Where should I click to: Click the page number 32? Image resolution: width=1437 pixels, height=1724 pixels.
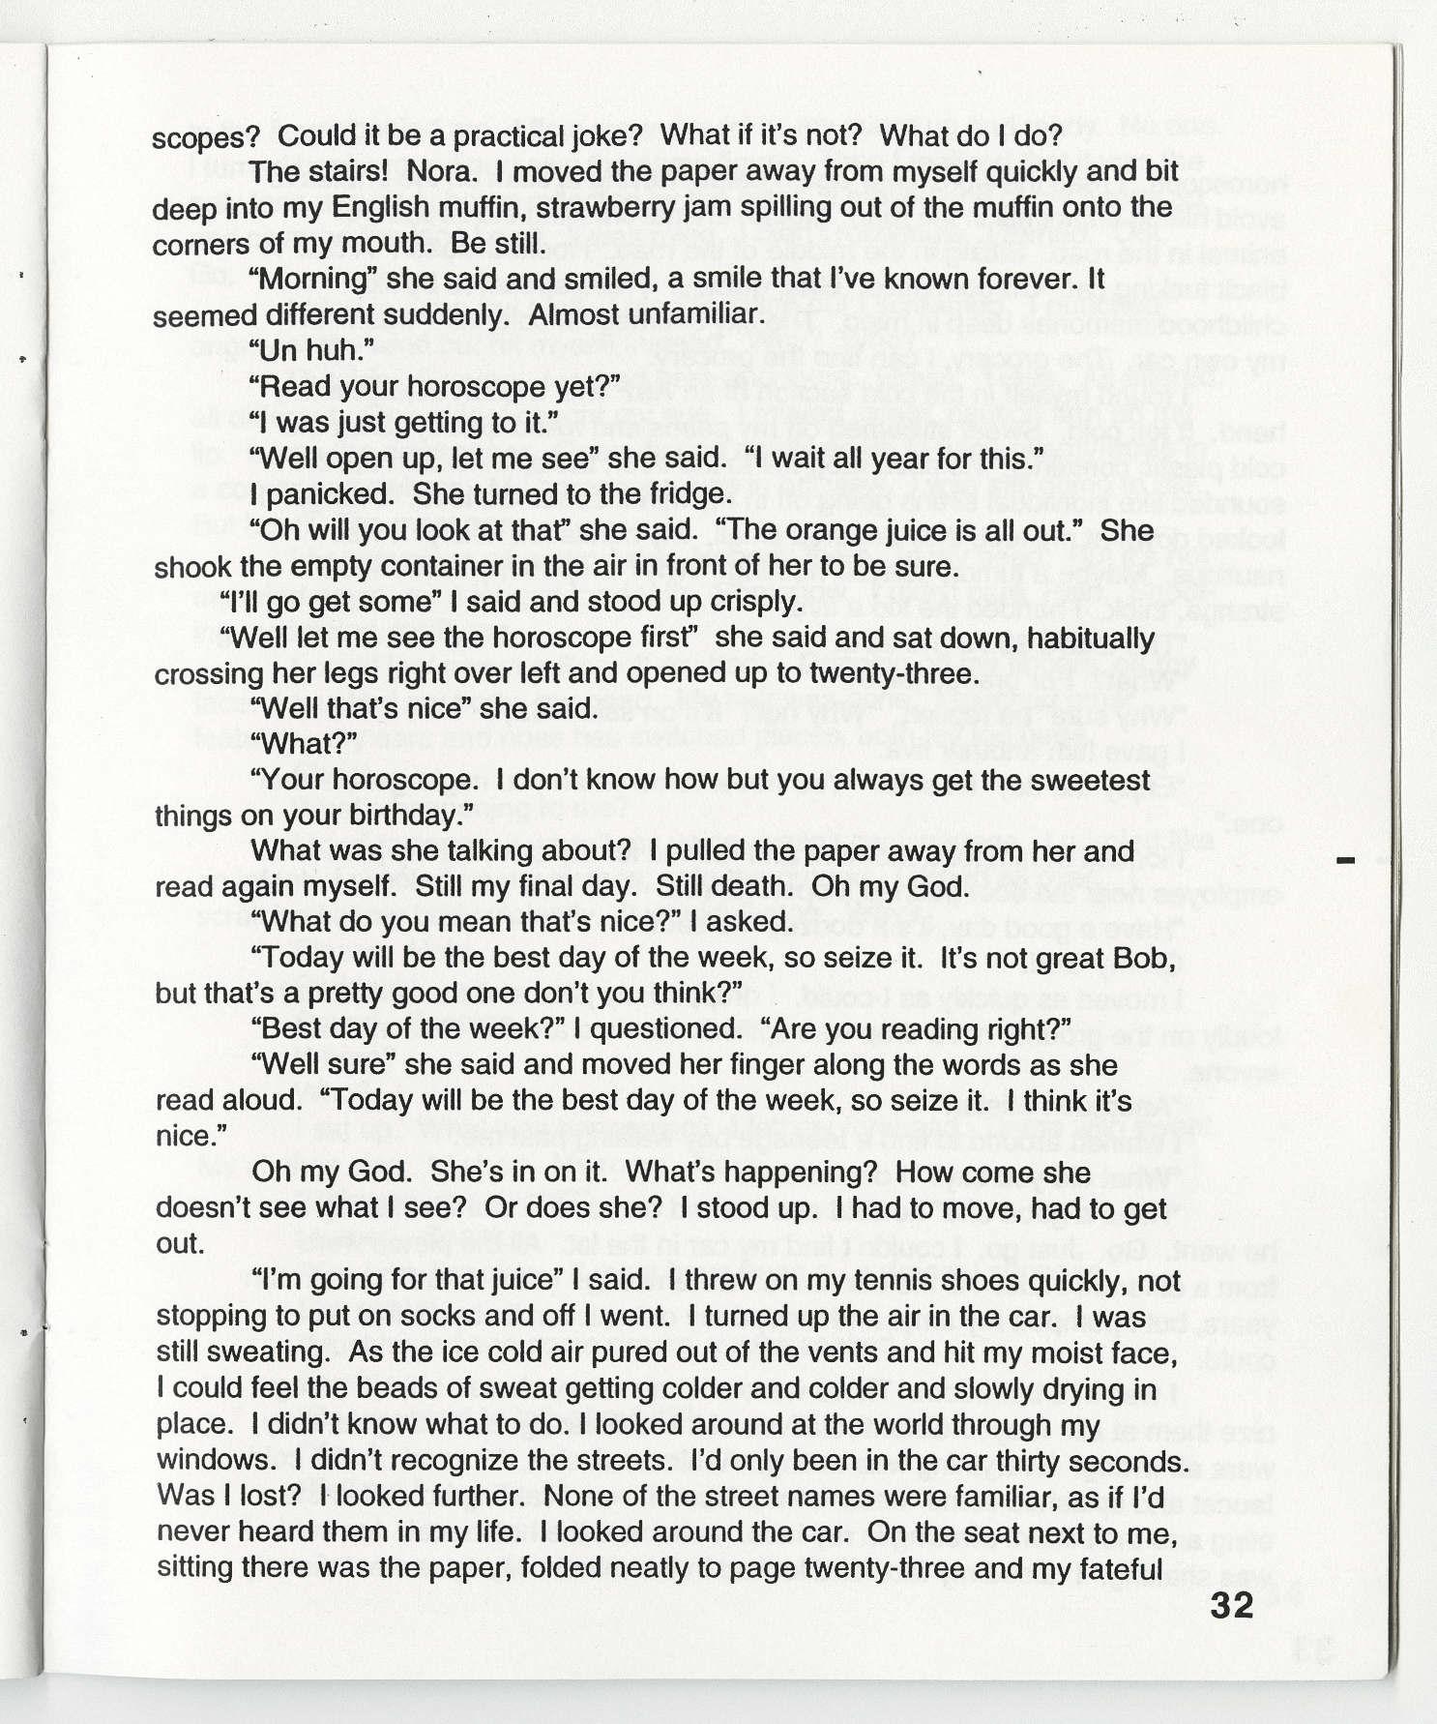(1231, 1606)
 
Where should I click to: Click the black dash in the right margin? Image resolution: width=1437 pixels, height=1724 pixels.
(1345, 859)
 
